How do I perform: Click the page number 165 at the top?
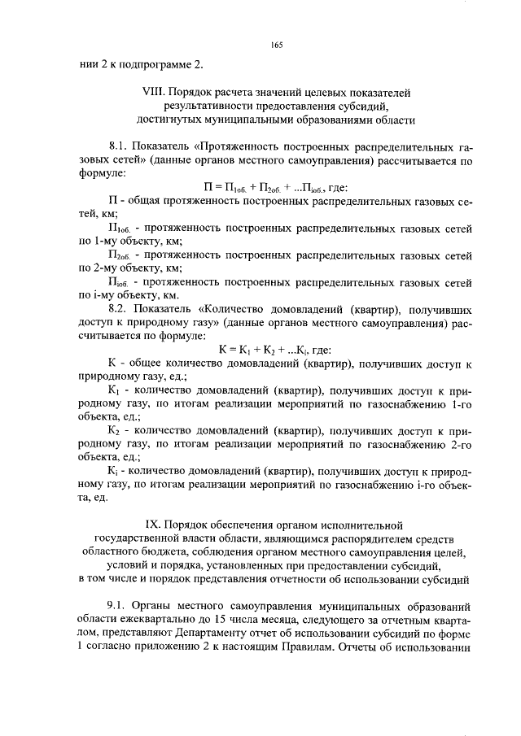276,46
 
